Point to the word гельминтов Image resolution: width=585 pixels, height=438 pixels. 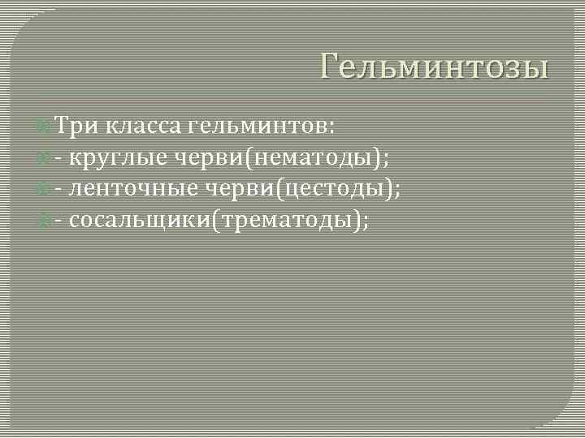pos(256,127)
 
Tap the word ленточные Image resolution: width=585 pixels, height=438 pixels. pos(133,188)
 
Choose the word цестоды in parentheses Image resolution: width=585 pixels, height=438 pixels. pos(335,188)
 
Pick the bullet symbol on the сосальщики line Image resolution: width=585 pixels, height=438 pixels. pos(45,219)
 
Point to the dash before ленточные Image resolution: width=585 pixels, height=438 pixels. pos(59,190)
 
